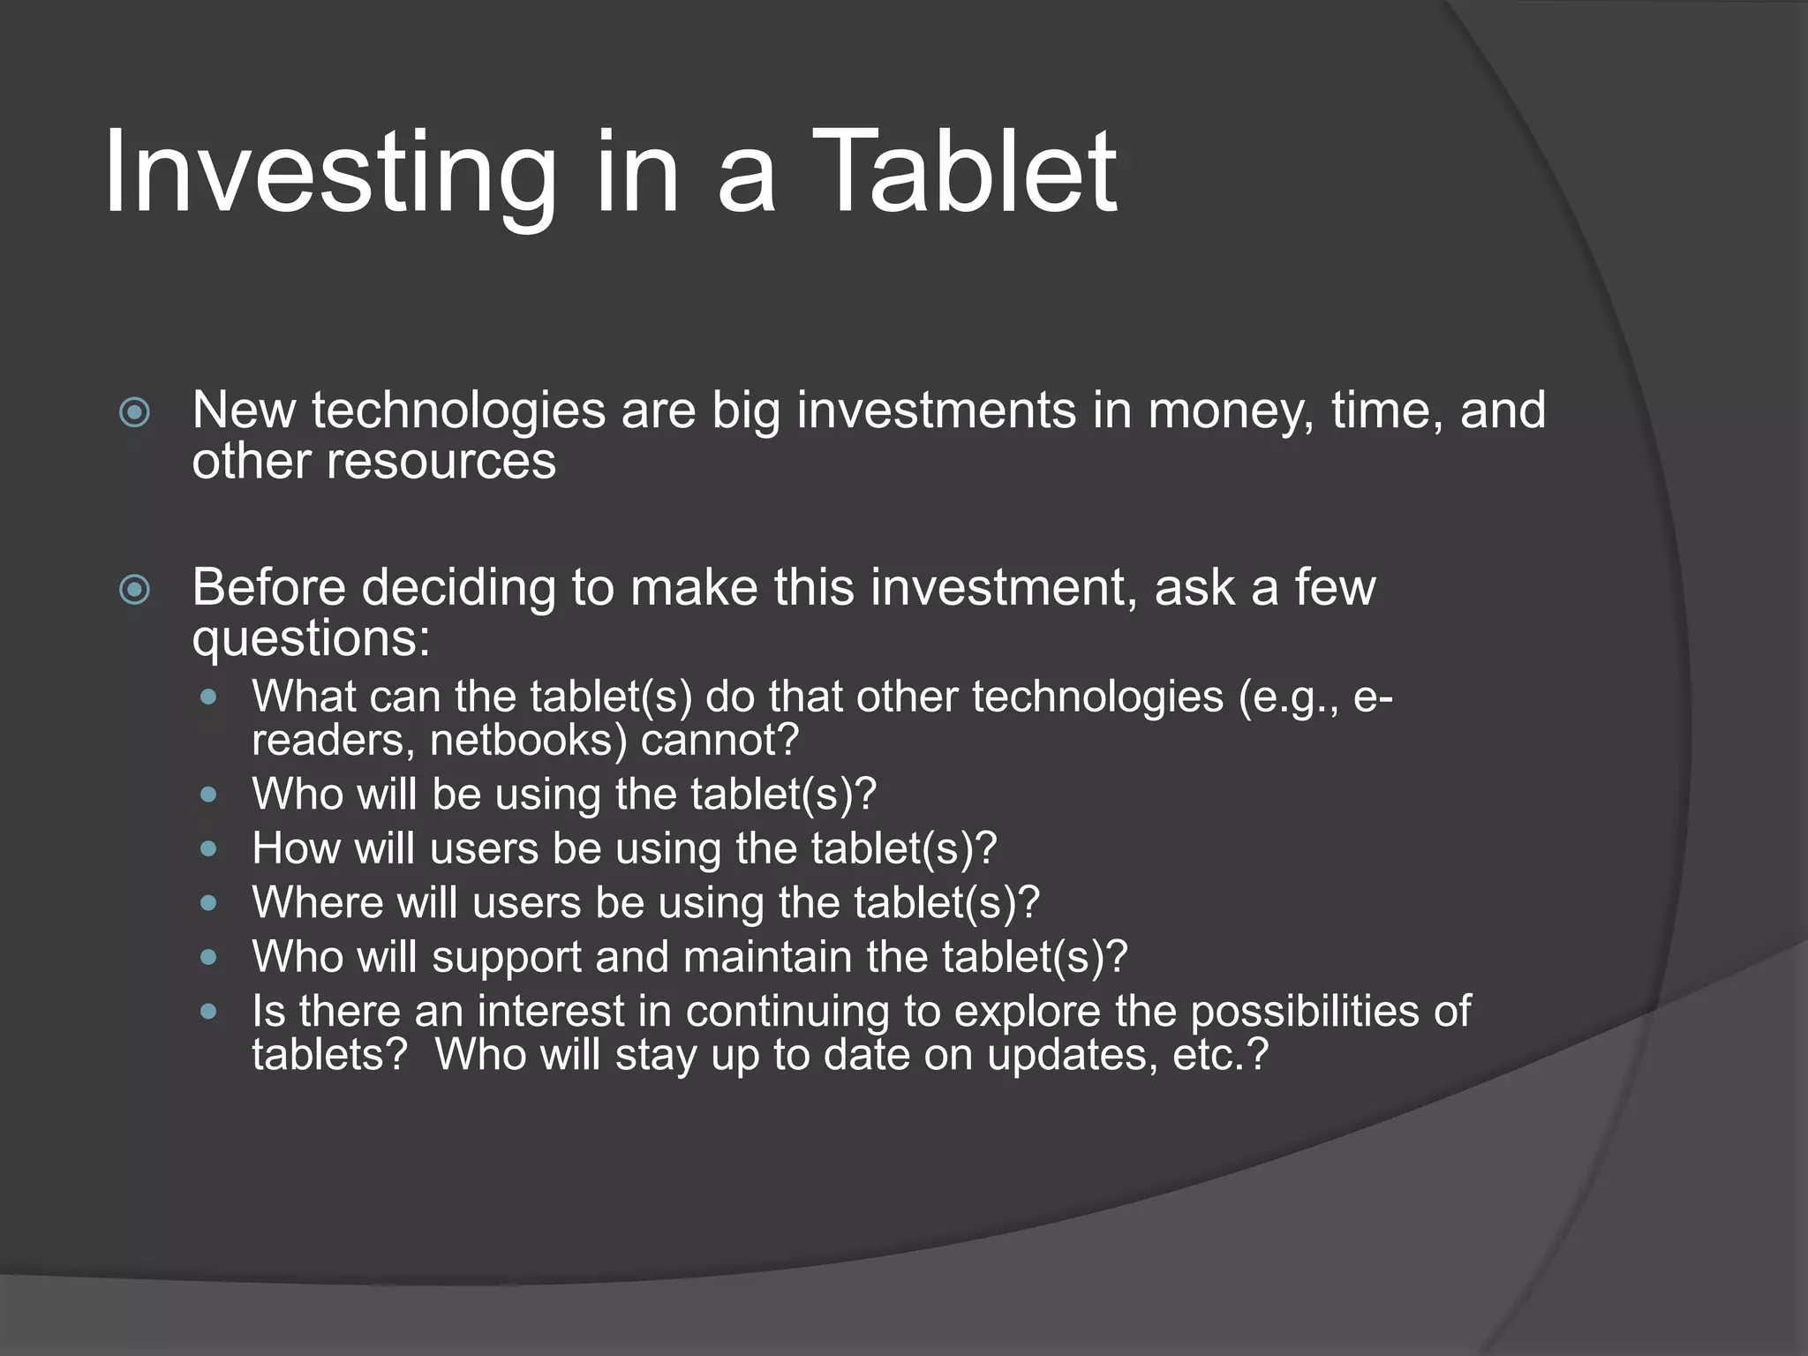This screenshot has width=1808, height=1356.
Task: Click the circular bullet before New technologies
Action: [134, 412]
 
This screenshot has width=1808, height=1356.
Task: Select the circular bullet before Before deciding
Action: [134, 590]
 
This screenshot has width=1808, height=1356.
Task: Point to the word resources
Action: [441, 462]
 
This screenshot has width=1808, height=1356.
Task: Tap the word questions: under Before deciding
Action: [311, 640]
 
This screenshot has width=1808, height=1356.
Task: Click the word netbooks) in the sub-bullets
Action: [528, 740]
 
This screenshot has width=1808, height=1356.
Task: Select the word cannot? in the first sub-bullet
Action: [719, 740]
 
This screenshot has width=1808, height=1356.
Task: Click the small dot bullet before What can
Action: [208, 697]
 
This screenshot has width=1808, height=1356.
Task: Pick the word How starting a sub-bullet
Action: [295, 848]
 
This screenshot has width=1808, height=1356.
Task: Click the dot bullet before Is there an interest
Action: [208, 1012]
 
